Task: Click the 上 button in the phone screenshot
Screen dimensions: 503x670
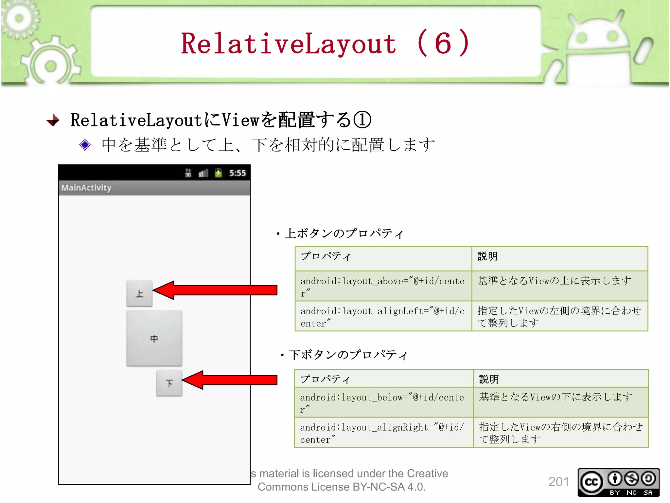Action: point(139,293)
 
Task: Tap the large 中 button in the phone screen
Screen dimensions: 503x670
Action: point(154,338)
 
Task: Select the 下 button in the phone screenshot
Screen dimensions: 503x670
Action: point(169,383)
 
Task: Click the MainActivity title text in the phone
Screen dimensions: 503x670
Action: point(86,188)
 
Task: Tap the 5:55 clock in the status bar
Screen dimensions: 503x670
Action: point(238,173)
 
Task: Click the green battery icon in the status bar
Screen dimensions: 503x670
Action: point(219,173)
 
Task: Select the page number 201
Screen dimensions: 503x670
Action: point(558,482)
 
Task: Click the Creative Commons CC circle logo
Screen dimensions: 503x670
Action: point(591,482)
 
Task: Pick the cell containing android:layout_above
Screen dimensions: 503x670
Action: point(383,286)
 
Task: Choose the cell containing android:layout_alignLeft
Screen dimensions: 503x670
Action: point(383,316)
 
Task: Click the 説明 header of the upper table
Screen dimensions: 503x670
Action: point(487,256)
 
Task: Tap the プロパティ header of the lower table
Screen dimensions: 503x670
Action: point(325,379)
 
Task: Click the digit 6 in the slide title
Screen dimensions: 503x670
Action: point(443,44)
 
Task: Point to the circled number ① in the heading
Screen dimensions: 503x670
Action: point(362,120)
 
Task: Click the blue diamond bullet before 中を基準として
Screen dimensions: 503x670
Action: point(85,145)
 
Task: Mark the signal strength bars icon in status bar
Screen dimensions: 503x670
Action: point(203,173)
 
